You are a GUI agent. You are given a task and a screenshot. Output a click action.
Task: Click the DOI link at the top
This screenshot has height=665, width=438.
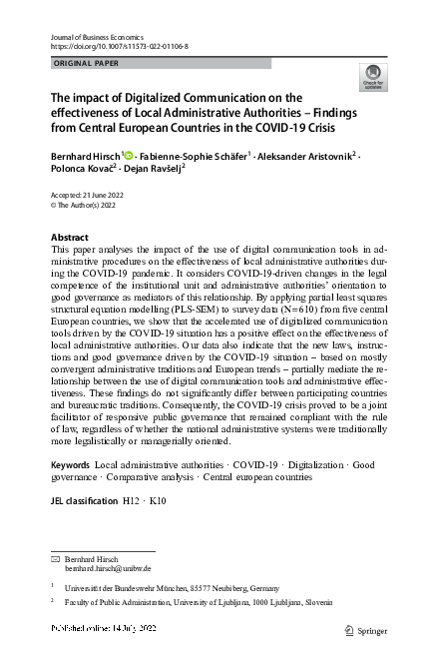pos(119,47)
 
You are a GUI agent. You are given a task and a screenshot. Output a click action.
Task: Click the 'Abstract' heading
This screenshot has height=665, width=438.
pos(69,237)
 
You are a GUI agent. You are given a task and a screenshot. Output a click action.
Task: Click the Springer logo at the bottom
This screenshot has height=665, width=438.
pos(364,630)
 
